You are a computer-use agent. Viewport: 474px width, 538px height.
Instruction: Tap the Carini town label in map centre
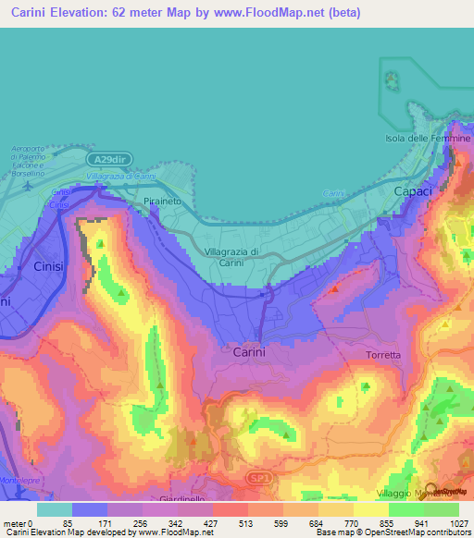(249, 352)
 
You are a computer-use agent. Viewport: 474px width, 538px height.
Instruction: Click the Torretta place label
(383, 355)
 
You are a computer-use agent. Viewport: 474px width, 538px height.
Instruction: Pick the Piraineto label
(164, 200)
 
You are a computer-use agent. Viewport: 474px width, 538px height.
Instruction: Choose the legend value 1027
(460, 524)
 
